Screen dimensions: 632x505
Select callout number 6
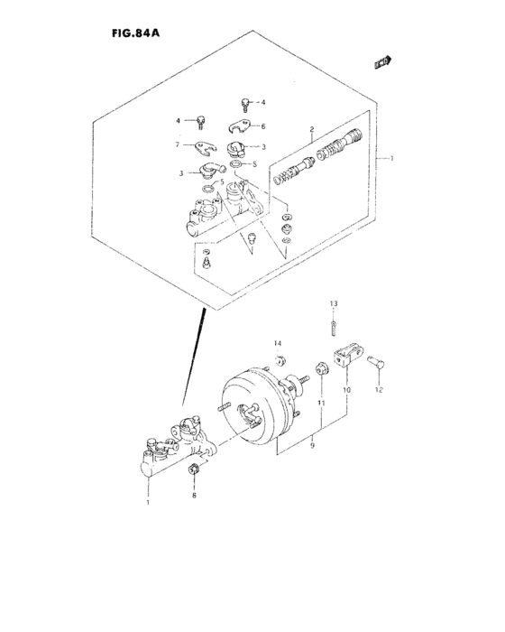pyautogui.click(x=263, y=125)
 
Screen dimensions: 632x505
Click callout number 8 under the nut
pyautogui.click(x=193, y=496)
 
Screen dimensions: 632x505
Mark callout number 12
pyautogui.click(x=380, y=390)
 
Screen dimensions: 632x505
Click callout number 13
pyautogui.click(x=332, y=302)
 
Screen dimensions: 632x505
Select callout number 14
pyautogui.click(x=279, y=342)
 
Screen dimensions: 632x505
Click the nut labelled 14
pyautogui.click(x=280, y=361)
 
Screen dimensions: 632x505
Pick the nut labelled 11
pyautogui.click(x=319, y=369)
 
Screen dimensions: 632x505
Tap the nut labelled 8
pyautogui.click(x=193, y=469)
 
